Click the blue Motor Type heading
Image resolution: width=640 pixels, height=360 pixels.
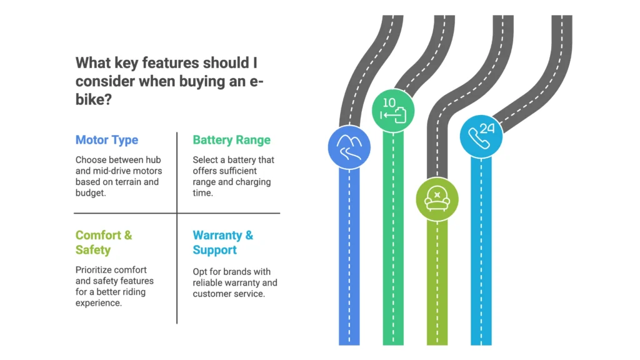coord(107,140)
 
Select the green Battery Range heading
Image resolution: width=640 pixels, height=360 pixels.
coord(231,140)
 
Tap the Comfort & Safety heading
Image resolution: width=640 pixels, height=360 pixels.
coord(104,242)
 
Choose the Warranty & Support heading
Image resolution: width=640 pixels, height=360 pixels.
coord(223,242)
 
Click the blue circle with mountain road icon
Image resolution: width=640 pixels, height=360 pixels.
coord(349,148)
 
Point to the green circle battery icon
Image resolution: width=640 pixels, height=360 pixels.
coord(393,111)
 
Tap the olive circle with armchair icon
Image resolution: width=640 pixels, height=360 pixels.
coord(437,199)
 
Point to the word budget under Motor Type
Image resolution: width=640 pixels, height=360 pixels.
coord(91,193)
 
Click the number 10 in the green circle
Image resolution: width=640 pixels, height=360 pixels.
coord(389,102)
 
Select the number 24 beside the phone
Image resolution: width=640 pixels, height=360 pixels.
coord(487,128)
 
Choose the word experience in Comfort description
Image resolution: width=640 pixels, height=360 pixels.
coord(98,304)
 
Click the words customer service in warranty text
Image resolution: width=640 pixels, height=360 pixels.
coord(229,294)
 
